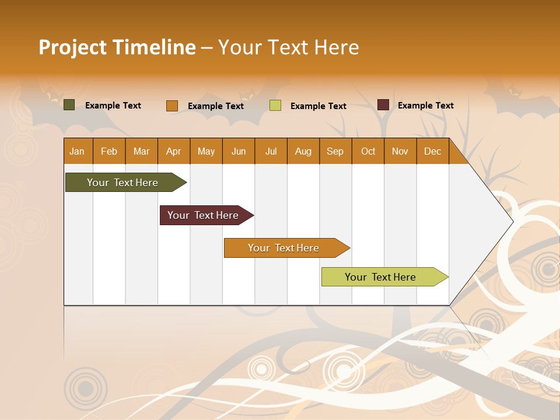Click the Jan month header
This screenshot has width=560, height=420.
point(77,152)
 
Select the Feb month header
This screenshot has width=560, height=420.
point(109,152)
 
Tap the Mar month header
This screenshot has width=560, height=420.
point(141,152)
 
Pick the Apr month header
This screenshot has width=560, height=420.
point(174,152)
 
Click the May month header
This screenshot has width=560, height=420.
point(206,152)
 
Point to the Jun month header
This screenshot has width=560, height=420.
point(239,152)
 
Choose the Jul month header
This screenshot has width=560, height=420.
point(271,152)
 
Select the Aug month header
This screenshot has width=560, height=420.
point(303,152)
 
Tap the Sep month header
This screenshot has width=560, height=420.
point(335,152)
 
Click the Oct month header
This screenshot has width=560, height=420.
point(368,152)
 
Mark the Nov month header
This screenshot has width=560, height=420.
point(400,152)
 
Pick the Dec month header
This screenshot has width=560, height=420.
point(433,152)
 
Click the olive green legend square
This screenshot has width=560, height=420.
point(69,105)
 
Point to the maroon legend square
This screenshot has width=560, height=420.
point(383,105)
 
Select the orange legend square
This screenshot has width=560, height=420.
point(172,106)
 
